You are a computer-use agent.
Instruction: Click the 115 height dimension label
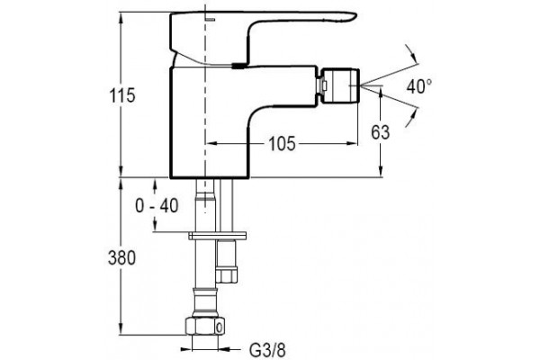click(x=122, y=95)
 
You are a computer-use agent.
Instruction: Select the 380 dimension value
click(x=121, y=257)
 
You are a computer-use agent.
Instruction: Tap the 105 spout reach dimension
click(x=282, y=143)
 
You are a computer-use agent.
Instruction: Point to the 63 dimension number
click(x=380, y=132)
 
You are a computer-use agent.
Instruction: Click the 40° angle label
click(x=419, y=86)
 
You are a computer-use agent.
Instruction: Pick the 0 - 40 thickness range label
click(x=157, y=206)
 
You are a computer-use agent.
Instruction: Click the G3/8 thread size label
click(x=267, y=350)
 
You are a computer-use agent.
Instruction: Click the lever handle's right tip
click(x=356, y=15)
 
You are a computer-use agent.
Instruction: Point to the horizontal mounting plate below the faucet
click(x=217, y=236)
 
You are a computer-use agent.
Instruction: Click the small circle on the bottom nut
click(x=219, y=327)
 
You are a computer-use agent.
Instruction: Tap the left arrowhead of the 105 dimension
click(x=211, y=142)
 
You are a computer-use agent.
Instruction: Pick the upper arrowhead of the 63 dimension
click(x=381, y=91)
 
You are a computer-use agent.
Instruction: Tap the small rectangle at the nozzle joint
click(x=324, y=85)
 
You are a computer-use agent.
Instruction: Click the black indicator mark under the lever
click(x=239, y=66)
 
